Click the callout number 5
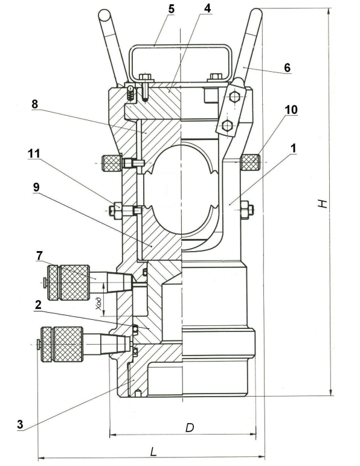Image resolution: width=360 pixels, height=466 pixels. [x=171, y=9]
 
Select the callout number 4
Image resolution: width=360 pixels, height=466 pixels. [x=207, y=8]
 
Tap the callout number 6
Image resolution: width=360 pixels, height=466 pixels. [x=287, y=68]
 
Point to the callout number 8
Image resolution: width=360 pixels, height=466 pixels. [x=35, y=104]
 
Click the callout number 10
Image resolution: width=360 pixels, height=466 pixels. [x=291, y=110]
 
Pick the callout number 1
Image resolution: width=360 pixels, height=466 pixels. [x=294, y=148]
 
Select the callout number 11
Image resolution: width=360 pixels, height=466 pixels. [x=34, y=154]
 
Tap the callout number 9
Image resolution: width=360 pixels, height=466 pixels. [x=36, y=187]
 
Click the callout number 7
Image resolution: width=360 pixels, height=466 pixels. [x=39, y=255]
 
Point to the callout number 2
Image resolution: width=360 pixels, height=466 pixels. [x=38, y=305]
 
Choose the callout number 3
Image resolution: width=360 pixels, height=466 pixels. [x=20, y=424]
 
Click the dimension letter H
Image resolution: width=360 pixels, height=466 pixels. [x=322, y=203]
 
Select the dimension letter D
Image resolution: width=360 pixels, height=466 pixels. [x=190, y=427]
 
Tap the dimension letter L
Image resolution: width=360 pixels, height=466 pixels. [x=153, y=452]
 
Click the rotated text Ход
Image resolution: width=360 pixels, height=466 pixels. [x=99, y=304]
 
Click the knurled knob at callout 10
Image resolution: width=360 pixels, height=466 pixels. [x=250, y=162]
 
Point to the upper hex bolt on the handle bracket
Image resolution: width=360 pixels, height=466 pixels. [x=235, y=97]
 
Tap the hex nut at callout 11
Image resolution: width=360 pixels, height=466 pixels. [x=115, y=211]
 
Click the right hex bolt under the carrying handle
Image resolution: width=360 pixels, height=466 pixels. [x=216, y=77]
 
